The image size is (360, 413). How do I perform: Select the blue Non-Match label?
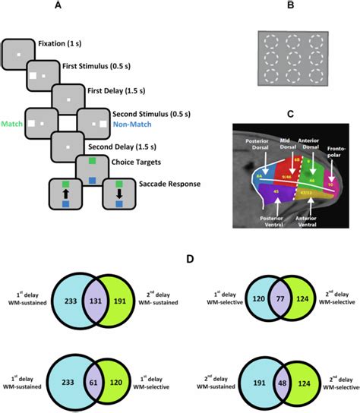[x=132, y=129]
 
